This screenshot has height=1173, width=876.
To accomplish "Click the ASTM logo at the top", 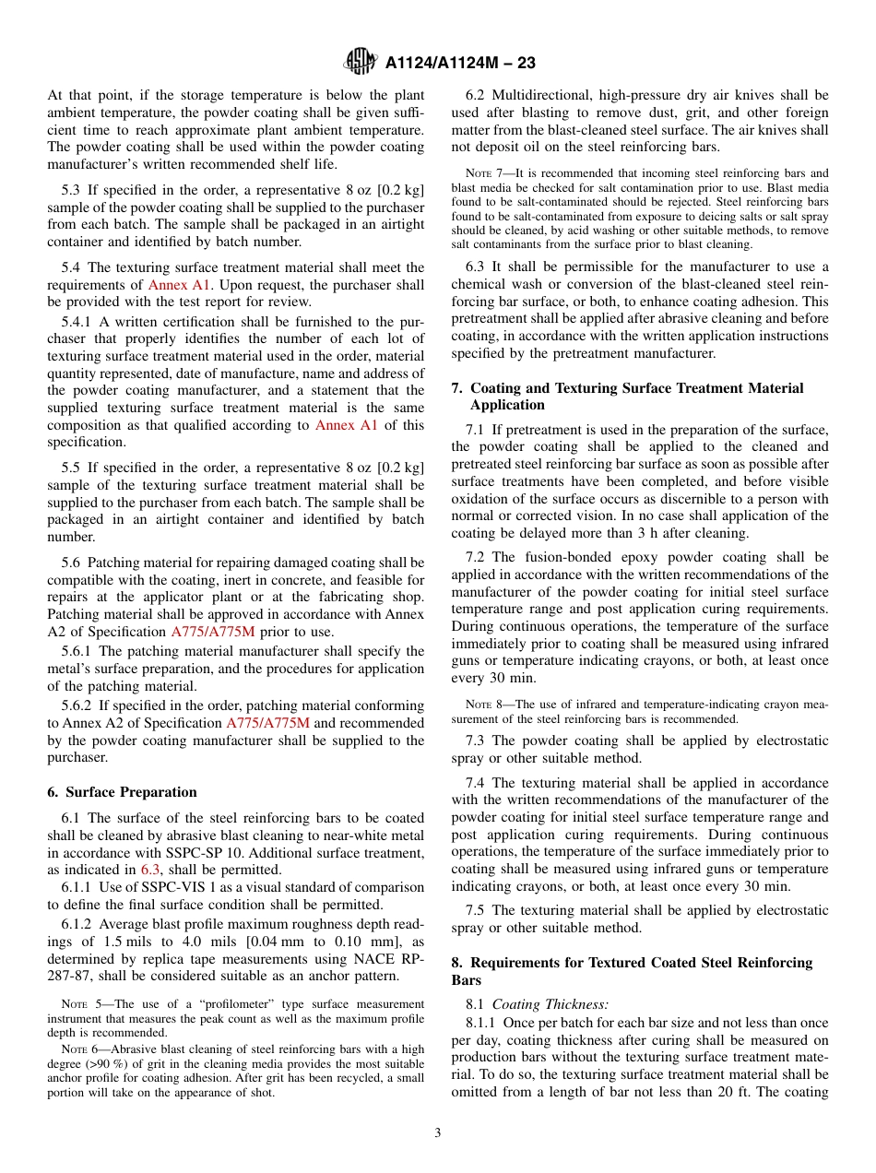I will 360,62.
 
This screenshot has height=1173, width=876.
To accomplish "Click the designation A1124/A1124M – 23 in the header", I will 460,63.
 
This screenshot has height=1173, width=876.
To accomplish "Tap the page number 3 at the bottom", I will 438,1132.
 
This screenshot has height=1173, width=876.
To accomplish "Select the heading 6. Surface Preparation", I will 122,792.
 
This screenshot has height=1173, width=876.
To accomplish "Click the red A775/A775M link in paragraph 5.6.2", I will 267,723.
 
